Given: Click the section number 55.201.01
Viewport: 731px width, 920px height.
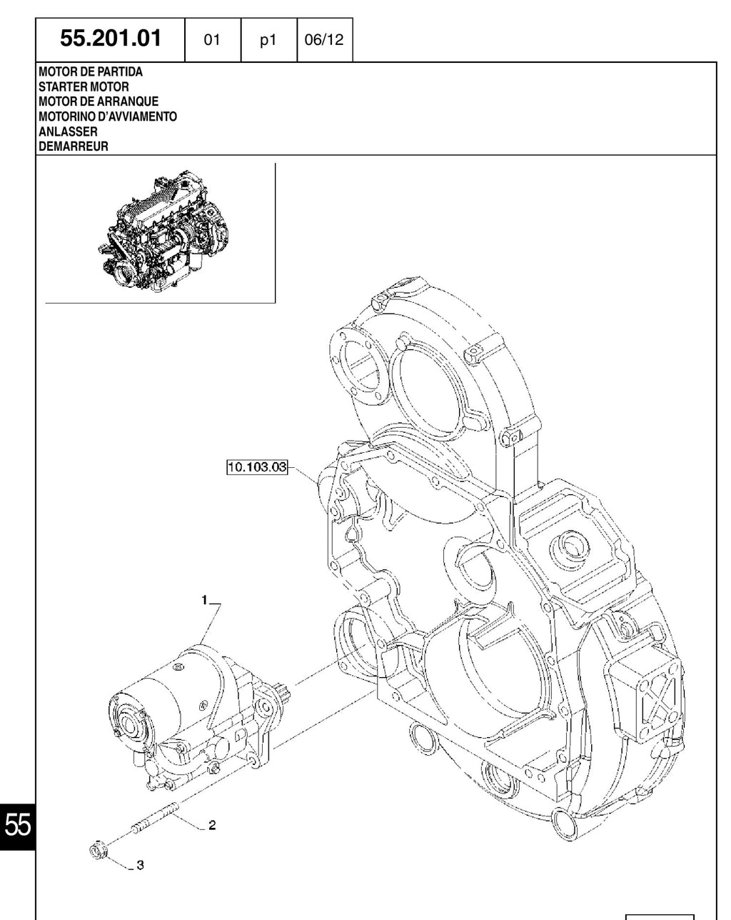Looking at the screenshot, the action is click(111, 39).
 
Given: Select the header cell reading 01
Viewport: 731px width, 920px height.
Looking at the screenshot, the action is click(212, 40).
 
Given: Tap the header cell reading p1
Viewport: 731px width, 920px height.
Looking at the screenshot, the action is click(268, 40).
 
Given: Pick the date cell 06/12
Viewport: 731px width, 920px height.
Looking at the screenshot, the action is click(324, 40).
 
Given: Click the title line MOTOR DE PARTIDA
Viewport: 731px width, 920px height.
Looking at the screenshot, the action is click(91, 72).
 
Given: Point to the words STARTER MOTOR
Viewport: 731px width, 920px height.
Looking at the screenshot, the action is click(84, 86).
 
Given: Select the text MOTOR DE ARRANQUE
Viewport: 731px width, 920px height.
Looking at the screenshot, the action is click(99, 101).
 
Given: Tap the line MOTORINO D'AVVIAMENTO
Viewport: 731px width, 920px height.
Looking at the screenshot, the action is click(108, 116).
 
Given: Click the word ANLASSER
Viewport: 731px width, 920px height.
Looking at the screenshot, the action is click(68, 131).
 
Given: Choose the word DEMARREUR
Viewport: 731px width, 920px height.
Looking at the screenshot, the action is click(74, 146).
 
